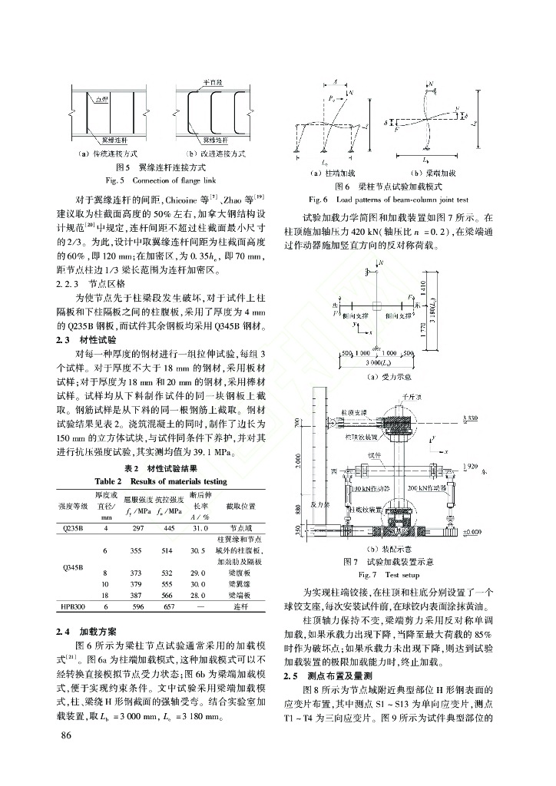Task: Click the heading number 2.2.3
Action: coord(68,282)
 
